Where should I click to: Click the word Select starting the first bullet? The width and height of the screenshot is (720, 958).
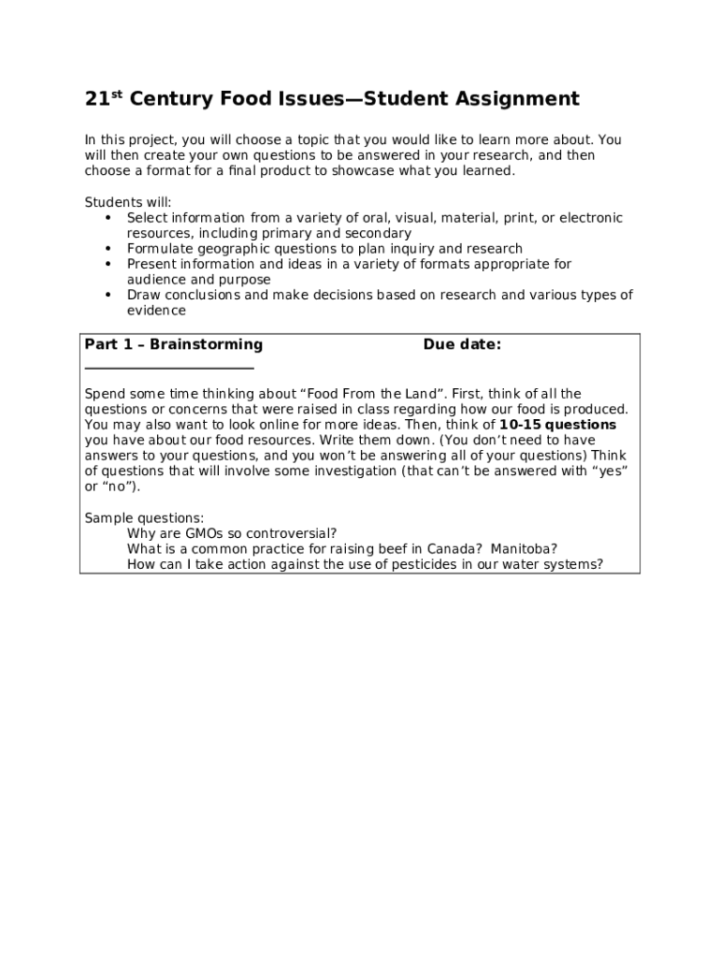pos(147,218)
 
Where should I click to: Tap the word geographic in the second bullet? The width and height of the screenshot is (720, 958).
pos(235,249)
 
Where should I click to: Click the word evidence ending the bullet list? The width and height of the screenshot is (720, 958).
pos(156,311)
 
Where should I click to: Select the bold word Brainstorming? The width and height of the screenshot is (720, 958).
pos(206,344)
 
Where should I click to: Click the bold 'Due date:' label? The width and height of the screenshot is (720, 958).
pos(462,344)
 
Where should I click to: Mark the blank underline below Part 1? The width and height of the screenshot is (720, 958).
pos(169,368)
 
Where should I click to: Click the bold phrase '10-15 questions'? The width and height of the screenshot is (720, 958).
pos(558,424)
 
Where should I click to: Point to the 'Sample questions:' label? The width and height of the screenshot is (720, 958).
pos(144,518)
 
